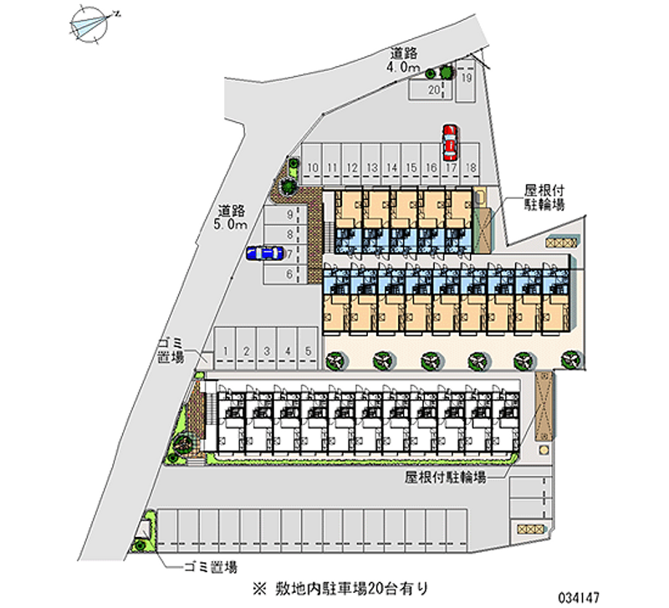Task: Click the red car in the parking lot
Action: pyautogui.click(x=450, y=142)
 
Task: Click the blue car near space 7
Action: pyautogui.click(x=263, y=253)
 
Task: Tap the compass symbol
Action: pyautogui.click(x=91, y=24)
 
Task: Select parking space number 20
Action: pyautogui.click(x=433, y=89)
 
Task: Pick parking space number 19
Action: pyautogui.click(x=467, y=79)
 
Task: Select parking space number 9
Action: pyautogui.click(x=289, y=215)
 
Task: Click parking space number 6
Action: pyautogui.click(x=289, y=273)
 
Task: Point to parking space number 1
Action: pyautogui.click(x=226, y=351)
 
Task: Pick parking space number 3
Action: pyautogui.click(x=267, y=351)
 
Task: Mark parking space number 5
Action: pyautogui.click(x=308, y=351)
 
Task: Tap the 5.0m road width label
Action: pyautogui.click(x=232, y=218)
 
